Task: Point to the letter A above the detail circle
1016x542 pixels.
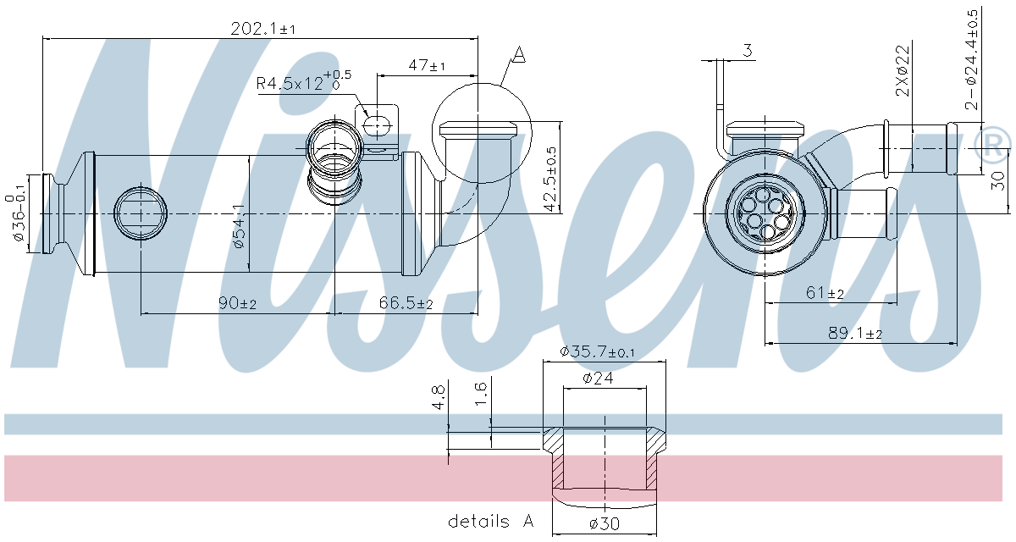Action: point(519,56)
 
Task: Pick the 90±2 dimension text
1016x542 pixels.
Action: point(238,303)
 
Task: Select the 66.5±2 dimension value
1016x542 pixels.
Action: point(406,303)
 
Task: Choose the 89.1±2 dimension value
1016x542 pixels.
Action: point(856,334)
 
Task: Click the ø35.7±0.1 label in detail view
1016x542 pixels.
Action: point(598,352)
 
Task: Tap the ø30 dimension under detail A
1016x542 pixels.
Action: point(603,523)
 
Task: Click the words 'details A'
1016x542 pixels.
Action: point(491,522)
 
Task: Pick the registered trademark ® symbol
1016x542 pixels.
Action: point(991,144)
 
